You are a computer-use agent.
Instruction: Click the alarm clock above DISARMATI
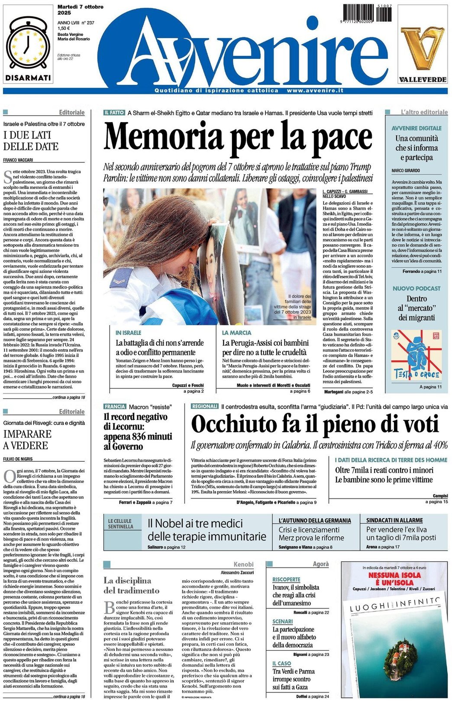[28, 45]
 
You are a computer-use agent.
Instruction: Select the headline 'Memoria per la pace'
[238, 136]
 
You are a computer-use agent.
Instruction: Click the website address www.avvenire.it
[315, 91]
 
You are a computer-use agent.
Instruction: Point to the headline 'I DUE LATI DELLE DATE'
[31, 141]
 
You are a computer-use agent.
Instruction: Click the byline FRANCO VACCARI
[18, 160]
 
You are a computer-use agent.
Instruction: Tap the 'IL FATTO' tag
[114, 113]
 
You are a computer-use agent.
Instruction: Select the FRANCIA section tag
[115, 407]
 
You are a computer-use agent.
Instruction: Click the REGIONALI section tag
[205, 407]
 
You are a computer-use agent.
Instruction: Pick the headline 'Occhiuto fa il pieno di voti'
[315, 424]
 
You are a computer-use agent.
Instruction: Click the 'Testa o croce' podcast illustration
[416, 355]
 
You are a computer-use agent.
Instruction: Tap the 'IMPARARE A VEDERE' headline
[27, 440]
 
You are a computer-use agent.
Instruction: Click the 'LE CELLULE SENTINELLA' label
[121, 524]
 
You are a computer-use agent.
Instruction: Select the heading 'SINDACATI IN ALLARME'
[394, 520]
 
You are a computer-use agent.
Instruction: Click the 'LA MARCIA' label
[236, 333]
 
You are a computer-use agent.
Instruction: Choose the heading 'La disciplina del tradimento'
[132, 585]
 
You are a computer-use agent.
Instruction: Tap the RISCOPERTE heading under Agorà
[286, 579]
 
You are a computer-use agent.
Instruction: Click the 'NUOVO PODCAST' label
[416, 288]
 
